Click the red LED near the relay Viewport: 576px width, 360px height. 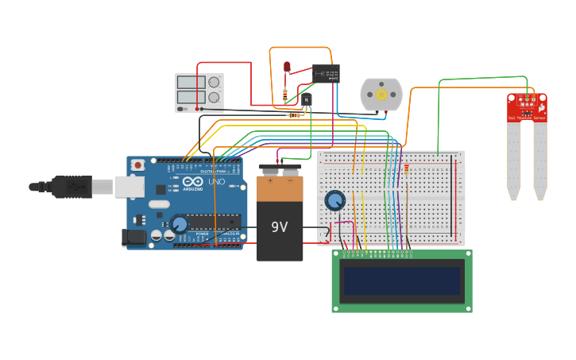288,68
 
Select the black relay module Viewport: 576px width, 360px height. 326,73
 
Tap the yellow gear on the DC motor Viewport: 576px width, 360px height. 381,95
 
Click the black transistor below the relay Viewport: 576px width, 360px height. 306,99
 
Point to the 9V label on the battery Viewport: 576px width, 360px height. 279,227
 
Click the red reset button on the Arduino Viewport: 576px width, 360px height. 138,165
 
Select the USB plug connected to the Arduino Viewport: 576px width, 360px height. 72,187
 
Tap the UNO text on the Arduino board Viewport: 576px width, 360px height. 216,182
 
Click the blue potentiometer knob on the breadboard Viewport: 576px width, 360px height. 335,200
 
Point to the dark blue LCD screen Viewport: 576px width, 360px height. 402,281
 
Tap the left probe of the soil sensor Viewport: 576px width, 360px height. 514,159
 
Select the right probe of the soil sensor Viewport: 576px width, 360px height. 540,159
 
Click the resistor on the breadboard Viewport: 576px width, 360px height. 407,168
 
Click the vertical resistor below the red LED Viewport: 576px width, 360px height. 285,95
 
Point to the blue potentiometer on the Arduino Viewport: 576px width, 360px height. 180,224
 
